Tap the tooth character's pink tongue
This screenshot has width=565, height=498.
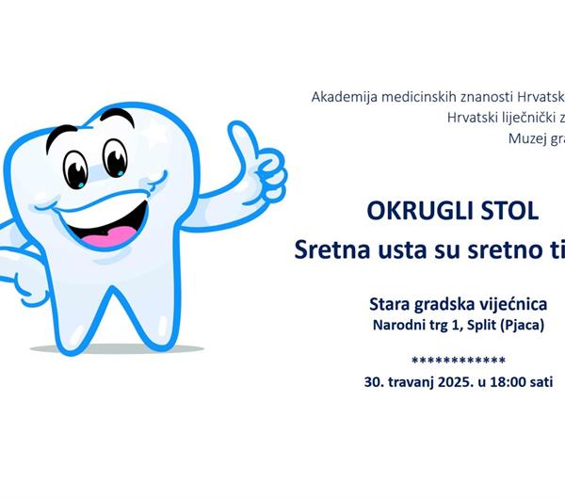pyautogui.click(x=119, y=234)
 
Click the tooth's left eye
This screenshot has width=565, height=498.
pyautogui.click(x=77, y=167)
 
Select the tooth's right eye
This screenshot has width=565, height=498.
pyautogui.click(x=115, y=158)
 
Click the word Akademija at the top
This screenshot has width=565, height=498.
pyautogui.click(x=346, y=96)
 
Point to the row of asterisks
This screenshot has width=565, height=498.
pyautogui.click(x=459, y=361)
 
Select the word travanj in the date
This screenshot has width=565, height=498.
pyautogui.click(x=406, y=382)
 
